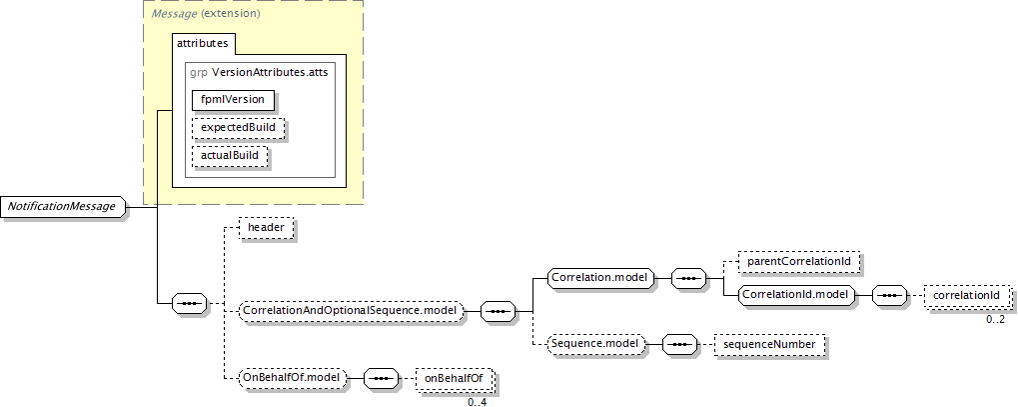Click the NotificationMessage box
tap(63, 207)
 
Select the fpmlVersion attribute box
tap(233, 100)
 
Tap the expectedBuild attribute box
tap(238, 128)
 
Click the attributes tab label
tap(203, 43)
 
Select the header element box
tap(266, 228)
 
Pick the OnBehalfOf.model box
tap(293, 378)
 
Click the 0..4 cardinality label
tap(477, 401)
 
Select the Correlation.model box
tap(599, 277)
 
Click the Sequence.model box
tap(595, 344)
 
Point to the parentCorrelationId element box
tap(798, 262)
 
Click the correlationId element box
tap(967, 296)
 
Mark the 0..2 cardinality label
tap(996, 318)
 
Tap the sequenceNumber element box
tap(769, 344)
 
